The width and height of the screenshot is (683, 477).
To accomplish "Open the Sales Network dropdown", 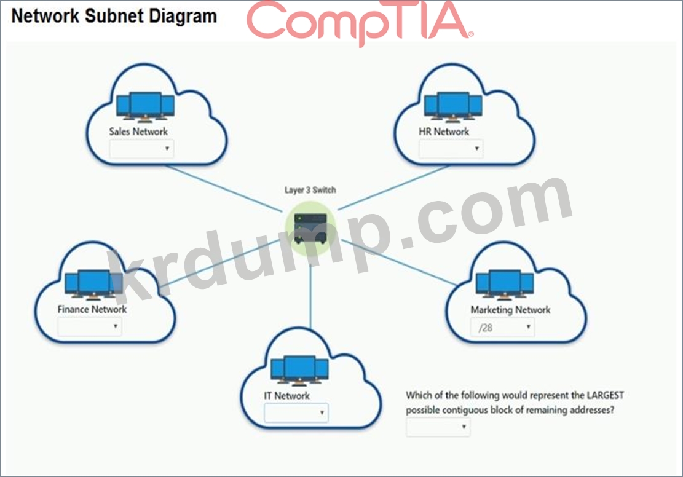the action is [141, 149].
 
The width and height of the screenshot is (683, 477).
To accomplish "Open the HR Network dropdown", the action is [451, 149].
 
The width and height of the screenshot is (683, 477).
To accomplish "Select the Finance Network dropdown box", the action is [89, 326].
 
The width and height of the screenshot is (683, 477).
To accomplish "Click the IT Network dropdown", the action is [296, 412].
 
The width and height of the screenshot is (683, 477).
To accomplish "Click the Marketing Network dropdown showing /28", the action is [502, 327].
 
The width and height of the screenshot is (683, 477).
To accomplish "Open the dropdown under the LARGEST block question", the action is [438, 427].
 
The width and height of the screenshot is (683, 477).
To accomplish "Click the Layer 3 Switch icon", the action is [310, 228].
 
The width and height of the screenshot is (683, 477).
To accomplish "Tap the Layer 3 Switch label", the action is [310, 190].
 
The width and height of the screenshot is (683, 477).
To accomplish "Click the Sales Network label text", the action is [138, 131].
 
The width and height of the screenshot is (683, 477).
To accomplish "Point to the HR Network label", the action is [444, 131].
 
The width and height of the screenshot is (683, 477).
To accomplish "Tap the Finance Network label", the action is [92, 309].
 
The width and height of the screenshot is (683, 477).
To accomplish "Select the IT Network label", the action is [286, 395].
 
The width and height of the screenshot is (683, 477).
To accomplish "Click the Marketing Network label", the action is [510, 310].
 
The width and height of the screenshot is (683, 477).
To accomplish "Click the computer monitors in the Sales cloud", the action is [145, 106].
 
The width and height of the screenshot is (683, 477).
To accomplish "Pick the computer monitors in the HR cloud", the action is [453, 106].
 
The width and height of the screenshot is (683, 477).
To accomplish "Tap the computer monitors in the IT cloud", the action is [299, 371].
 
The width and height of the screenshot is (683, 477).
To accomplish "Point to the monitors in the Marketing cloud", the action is [504, 285].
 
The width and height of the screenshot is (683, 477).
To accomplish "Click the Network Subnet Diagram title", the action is [114, 16].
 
